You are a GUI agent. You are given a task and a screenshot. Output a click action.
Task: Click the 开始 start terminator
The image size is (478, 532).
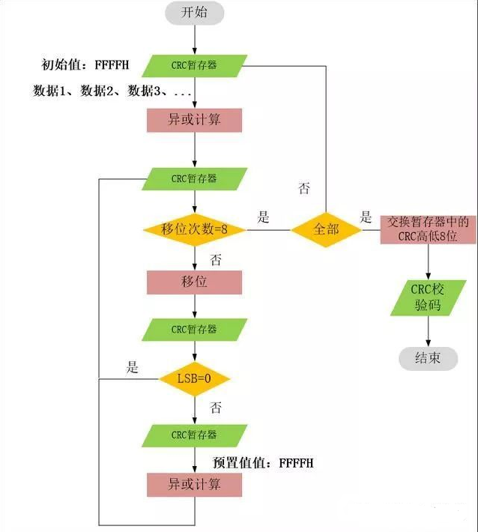(x=194, y=14)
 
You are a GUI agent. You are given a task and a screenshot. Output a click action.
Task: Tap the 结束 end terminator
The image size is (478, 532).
(x=427, y=357)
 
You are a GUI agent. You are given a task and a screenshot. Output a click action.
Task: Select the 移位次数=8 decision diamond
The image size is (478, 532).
(x=194, y=229)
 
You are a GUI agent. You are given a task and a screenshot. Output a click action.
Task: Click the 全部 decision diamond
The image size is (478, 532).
(x=326, y=229)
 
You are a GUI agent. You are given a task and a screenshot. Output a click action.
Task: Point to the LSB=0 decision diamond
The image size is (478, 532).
(x=194, y=379)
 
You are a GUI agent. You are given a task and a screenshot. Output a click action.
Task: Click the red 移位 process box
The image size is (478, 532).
(x=194, y=282)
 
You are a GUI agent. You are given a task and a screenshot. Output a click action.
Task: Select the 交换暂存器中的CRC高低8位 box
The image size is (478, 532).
(x=427, y=229)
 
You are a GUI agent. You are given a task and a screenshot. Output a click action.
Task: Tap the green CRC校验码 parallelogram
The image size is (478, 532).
(x=427, y=298)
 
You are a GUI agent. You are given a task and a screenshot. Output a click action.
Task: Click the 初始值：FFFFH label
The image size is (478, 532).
(x=85, y=65)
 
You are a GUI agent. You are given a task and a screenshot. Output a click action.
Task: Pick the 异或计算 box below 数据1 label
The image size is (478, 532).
(x=194, y=120)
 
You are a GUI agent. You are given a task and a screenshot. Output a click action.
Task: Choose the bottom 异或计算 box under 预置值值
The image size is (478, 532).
(x=194, y=484)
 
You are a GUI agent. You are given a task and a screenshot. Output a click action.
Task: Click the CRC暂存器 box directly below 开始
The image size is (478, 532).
(x=194, y=65)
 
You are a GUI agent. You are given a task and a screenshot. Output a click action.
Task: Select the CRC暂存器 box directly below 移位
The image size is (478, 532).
(x=194, y=329)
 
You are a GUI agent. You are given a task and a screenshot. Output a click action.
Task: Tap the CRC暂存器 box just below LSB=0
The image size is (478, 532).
(x=194, y=435)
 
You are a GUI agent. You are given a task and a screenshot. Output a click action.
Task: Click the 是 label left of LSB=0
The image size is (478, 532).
(x=133, y=367)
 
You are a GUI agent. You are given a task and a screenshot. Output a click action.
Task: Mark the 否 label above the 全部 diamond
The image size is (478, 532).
(x=303, y=189)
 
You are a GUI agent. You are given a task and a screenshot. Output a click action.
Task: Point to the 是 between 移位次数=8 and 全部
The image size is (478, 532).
(x=263, y=218)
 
